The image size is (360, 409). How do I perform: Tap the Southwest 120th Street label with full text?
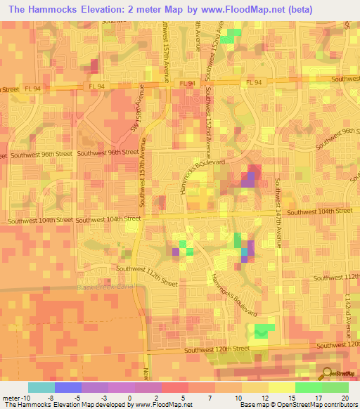(217, 349)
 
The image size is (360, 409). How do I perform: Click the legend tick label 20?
(344, 398)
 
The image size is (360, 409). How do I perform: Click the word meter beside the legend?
(12, 398)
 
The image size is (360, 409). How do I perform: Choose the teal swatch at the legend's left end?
(41, 387)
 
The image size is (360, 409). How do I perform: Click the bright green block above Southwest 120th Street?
(262, 331)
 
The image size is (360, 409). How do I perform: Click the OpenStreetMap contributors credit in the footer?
(320, 405)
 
